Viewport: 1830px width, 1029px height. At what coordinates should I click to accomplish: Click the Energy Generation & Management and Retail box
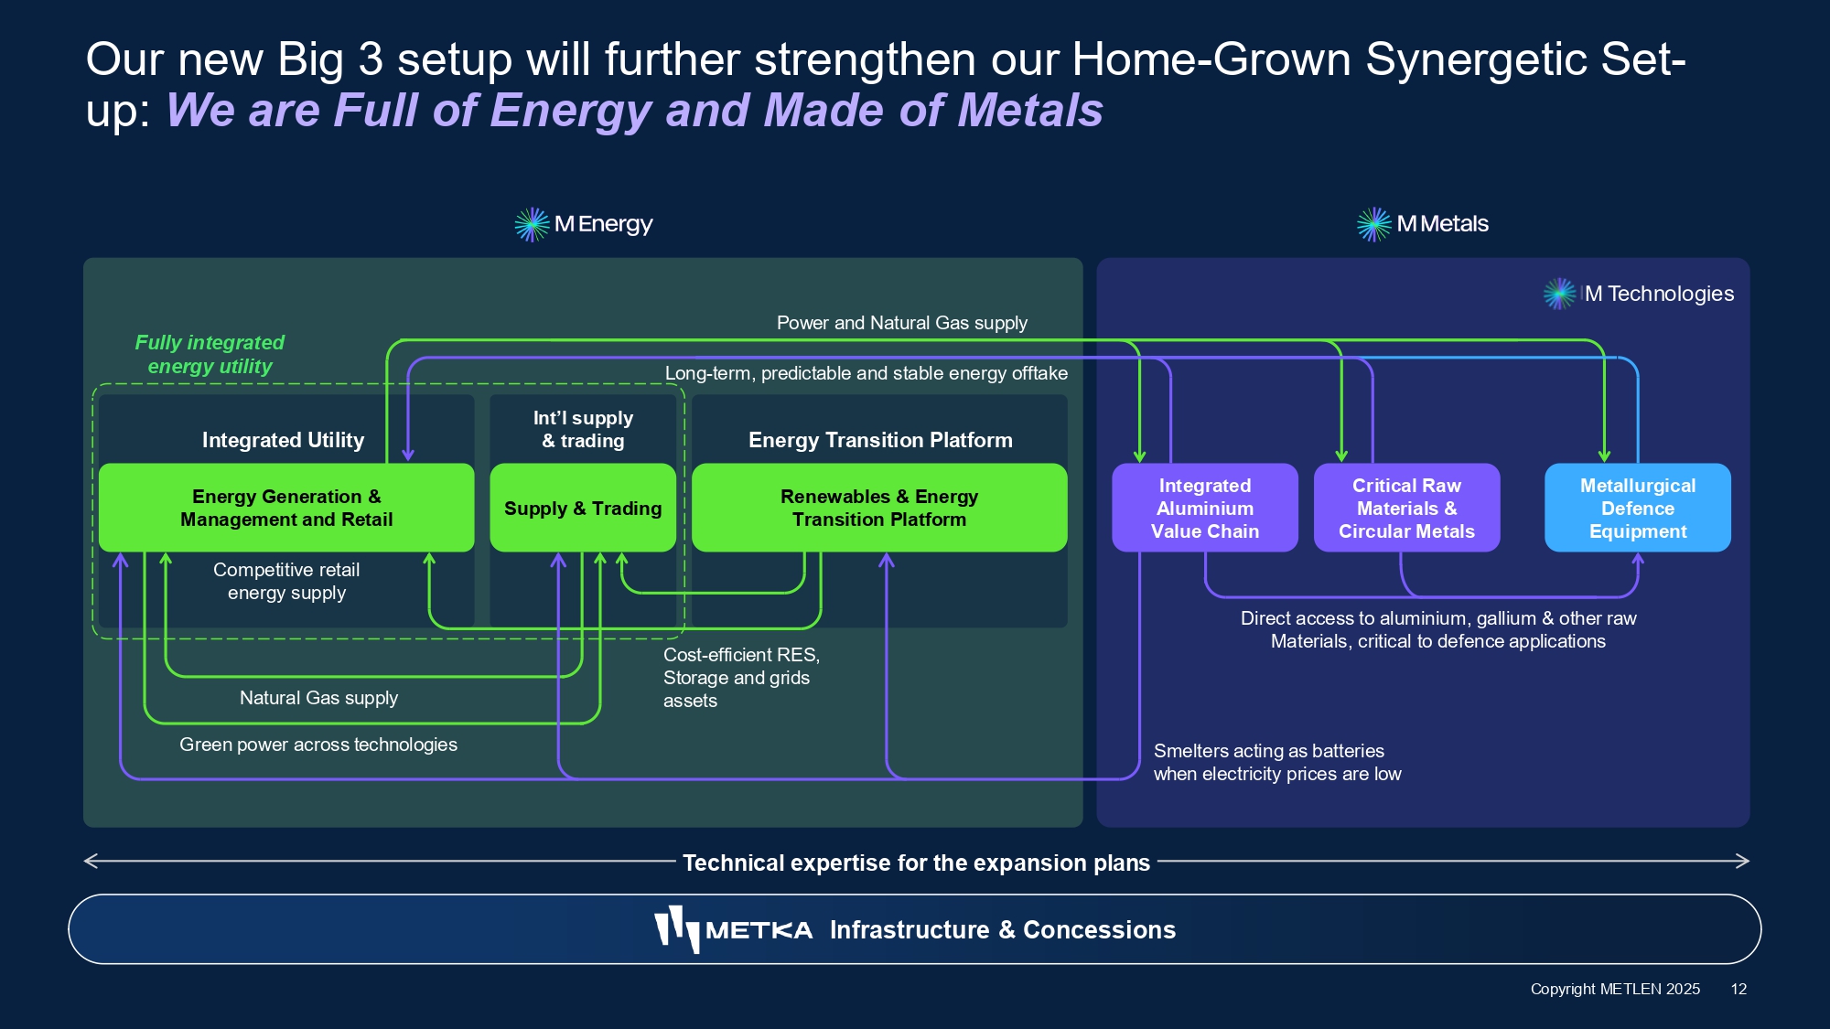pos(286,508)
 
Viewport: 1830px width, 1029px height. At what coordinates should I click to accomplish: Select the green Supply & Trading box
pos(583,508)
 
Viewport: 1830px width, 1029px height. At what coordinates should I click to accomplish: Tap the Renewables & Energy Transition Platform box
pos(879,508)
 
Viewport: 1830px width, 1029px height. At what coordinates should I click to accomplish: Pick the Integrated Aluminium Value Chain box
pos(1204,508)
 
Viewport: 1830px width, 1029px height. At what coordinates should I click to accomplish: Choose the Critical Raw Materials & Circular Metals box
pos(1406,508)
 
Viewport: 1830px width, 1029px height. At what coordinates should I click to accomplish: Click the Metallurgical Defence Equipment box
pos(1637,508)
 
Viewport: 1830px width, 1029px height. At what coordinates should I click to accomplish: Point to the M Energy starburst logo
pos(532,224)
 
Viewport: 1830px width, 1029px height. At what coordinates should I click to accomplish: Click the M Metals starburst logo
pos(1373,224)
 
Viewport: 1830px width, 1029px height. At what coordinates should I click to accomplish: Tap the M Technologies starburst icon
pos(1559,294)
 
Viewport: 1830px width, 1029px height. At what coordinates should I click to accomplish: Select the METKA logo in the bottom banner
pos(733,929)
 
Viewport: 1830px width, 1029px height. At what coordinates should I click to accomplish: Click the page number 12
pos(1738,989)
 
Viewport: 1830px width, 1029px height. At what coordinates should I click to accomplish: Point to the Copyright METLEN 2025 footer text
pos(1615,989)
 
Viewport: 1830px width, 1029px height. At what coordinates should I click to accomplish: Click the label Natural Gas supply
pos(318,698)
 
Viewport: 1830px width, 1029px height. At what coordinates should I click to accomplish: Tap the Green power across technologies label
pos(318,745)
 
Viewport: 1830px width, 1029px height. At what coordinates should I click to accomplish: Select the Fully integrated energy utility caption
pos(210,354)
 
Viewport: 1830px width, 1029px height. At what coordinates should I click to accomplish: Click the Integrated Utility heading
pos(283,440)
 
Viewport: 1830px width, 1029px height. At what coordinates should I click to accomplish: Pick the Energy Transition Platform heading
pos(880,440)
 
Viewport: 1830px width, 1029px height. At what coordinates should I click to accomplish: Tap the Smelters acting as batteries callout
pos(1276,762)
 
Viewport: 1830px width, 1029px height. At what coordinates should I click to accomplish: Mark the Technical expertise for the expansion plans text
pos(916,863)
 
